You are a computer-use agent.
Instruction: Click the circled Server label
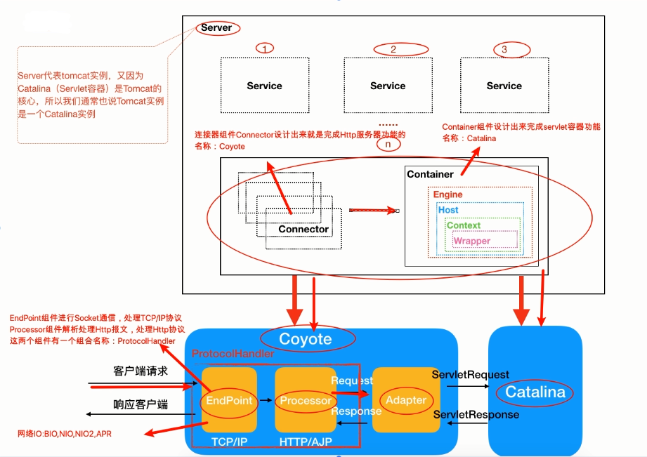coord(216,28)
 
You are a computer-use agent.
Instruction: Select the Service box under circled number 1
coord(264,86)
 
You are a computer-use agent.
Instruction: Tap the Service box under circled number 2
coord(388,86)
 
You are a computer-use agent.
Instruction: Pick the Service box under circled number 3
coord(504,86)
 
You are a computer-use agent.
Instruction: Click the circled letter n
coord(387,144)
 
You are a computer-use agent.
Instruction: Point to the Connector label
coord(303,229)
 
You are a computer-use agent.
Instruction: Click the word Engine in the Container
coord(447,194)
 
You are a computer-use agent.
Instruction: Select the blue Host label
coord(448,210)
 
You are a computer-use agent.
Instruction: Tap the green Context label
coord(464,225)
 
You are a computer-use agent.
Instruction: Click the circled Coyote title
coord(306,340)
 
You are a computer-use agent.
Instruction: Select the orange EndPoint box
coord(229,400)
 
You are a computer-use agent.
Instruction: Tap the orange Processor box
coord(306,400)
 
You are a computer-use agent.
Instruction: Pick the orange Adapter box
coord(406,399)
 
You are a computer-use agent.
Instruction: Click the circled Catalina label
coord(535,392)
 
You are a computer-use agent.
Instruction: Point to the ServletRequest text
coord(471,375)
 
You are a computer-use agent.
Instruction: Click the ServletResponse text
coord(476,415)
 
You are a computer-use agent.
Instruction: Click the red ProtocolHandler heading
coord(233,355)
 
